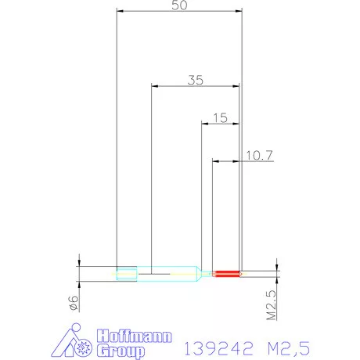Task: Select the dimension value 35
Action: point(196,79)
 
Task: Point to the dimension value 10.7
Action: point(257,155)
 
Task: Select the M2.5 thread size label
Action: point(272,304)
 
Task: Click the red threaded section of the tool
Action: point(227,273)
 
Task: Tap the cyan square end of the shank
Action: point(125,273)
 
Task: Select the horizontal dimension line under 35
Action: point(196,86)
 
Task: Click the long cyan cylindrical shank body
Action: point(168,273)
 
